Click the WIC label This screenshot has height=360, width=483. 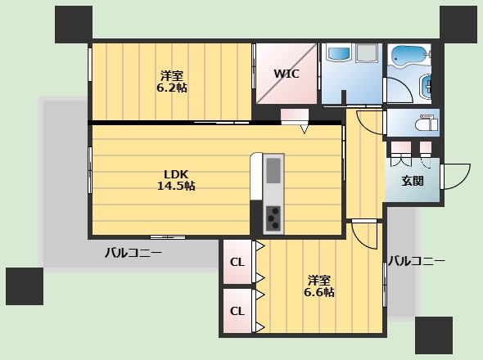[x=287, y=74]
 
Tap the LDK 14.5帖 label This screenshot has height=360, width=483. [x=176, y=180]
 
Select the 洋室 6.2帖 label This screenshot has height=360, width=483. [x=172, y=82]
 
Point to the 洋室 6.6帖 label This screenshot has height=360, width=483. [x=319, y=286]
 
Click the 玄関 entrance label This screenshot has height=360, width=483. [x=413, y=181]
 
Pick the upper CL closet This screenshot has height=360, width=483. [x=237, y=262]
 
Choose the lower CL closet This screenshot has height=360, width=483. [x=237, y=311]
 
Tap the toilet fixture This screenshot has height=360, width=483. [x=427, y=124]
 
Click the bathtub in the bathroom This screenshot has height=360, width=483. [x=409, y=56]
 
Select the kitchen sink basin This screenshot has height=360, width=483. [x=273, y=171]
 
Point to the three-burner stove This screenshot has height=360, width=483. [x=273, y=218]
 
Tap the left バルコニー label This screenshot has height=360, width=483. [x=133, y=253]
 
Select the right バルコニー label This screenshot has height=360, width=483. [x=416, y=261]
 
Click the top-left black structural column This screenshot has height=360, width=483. [x=74, y=25]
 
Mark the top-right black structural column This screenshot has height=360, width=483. [x=458, y=25]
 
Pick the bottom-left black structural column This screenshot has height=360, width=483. [x=25, y=286]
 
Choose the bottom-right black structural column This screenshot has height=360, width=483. [x=434, y=335]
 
